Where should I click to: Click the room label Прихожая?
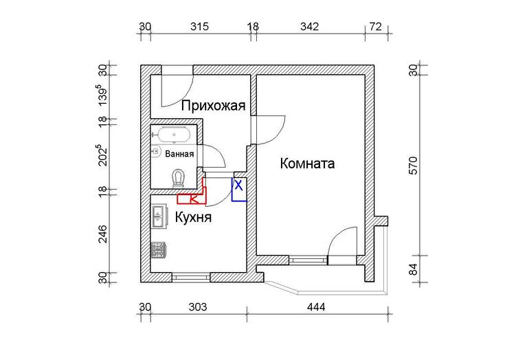pos(213,106)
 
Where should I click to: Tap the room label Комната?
pos(307,164)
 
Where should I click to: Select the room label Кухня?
pos(193,217)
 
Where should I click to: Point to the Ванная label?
pos(179,154)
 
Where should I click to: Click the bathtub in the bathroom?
pos(175,135)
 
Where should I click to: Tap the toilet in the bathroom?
pos(178,178)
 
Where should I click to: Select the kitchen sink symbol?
pos(159,216)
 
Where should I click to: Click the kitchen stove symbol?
pos(158,250)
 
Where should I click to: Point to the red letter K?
pos(194,199)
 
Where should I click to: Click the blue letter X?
pos(238,185)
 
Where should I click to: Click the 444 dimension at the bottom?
pos(316,307)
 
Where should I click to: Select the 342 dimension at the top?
pos(309,26)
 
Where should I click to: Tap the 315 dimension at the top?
pos(199,26)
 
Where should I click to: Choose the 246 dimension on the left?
pos(102,234)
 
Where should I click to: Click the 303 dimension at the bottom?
pos(198,307)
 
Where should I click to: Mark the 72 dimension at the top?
pos(376,26)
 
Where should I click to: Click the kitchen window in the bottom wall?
pos(191,277)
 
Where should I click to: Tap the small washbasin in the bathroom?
pos(155,151)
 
